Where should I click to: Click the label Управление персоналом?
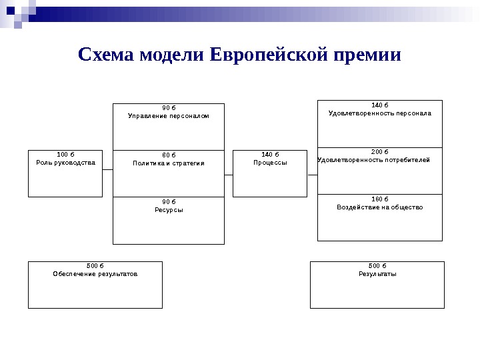[x=169, y=116]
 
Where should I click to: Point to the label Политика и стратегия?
[x=169, y=163]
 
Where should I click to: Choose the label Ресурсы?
[x=169, y=209]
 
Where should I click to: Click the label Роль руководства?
[x=65, y=163]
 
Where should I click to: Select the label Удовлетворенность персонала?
[x=380, y=113]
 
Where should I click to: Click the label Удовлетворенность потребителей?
[x=374, y=160]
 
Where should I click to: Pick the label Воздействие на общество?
[x=380, y=207]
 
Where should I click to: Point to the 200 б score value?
[x=379, y=152]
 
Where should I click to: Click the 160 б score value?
[x=379, y=199]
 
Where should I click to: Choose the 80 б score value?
[x=169, y=155]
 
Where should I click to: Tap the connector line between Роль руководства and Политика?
[x=107, y=175]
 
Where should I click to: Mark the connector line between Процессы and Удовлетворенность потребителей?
[x=312, y=175]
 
